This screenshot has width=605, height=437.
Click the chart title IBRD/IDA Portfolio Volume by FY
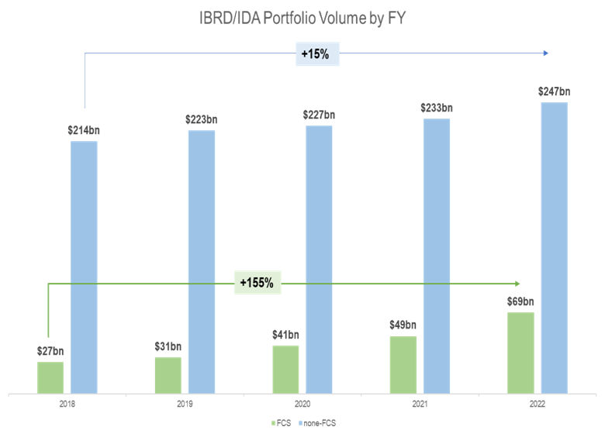coord(302,16)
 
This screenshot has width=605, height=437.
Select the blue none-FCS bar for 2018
coord(84,267)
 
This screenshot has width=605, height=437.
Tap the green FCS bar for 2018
coord(50,377)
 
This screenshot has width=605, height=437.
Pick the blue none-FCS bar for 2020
coord(319,259)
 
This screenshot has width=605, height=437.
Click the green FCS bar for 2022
coord(520,353)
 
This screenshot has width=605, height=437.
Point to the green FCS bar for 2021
coord(403,364)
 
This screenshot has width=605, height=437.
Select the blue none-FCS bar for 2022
coord(554,247)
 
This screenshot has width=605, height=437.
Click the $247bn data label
coord(554,92)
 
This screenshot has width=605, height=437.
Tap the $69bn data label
coord(520,302)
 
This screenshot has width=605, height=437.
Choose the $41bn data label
coord(285,335)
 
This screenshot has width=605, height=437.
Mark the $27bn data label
coord(50,351)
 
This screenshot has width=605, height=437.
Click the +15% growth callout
coord(318,53)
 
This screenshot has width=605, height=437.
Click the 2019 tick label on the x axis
coord(185,404)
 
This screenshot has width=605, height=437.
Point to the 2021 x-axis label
coord(420,404)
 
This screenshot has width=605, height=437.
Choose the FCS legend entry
coord(282,424)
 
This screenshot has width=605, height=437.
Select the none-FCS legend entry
coord(320,424)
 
